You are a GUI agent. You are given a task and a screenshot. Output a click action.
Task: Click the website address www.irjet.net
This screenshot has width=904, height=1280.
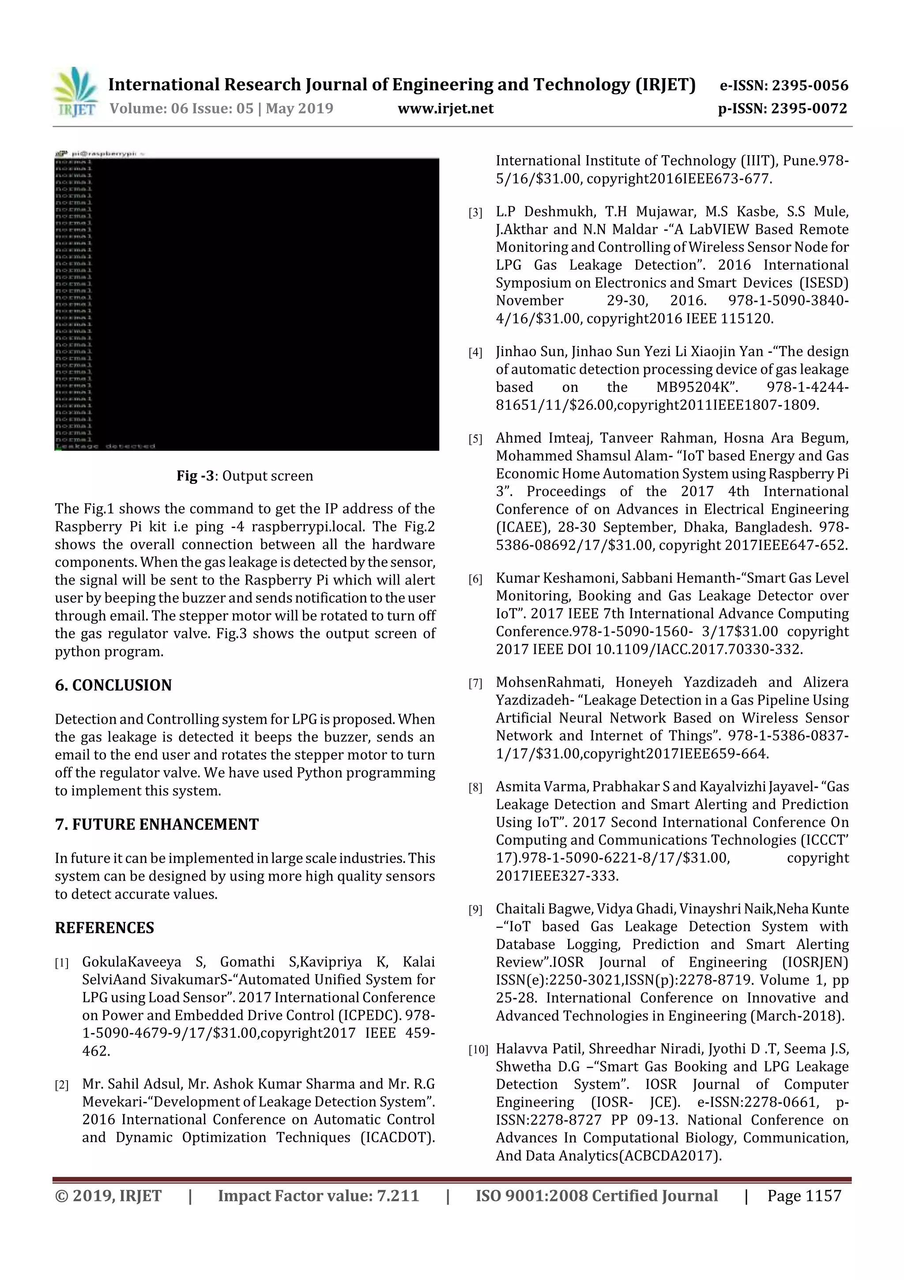pos(445,108)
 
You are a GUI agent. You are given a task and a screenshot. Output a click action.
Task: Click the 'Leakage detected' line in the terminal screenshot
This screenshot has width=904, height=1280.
pos(106,446)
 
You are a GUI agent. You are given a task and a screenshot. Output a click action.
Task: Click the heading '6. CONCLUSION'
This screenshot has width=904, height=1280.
pos(113,685)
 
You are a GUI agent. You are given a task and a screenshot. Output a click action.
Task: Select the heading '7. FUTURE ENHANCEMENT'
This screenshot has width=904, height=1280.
pos(157,824)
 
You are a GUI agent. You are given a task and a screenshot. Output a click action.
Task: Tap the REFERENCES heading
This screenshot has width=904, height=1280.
pos(104,928)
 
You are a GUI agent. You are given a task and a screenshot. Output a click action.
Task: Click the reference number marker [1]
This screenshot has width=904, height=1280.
pos(62,963)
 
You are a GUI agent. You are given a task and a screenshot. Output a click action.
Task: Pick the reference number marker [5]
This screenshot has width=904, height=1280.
pos(475,439)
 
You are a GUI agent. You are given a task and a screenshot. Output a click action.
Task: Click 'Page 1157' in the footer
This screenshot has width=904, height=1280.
pos(804,1196)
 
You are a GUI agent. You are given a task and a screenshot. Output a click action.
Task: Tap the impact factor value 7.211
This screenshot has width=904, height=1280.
pos(398,1196)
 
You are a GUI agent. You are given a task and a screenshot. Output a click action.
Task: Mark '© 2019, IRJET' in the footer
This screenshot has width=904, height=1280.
pos(108,1196)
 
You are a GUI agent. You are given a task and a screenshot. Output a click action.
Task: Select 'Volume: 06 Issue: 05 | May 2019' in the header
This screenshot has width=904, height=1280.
pos(221,108)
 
